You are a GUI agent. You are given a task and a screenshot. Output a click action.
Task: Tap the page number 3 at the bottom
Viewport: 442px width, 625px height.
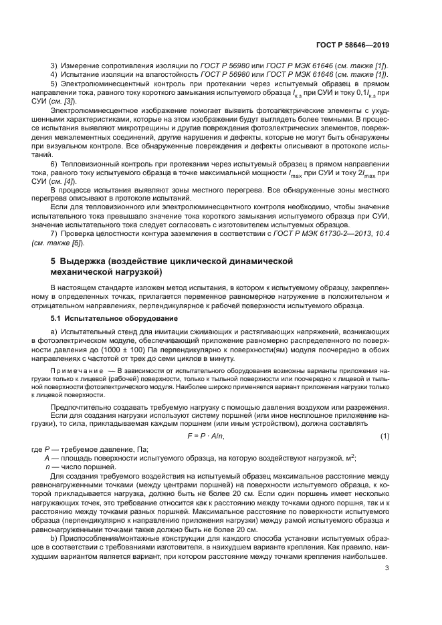click(x=387, y=568)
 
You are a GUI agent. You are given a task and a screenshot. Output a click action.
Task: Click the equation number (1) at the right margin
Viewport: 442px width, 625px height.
click(x=385, y=436)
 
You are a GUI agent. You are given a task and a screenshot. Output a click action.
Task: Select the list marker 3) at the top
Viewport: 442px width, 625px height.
click(x=55, y=64)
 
